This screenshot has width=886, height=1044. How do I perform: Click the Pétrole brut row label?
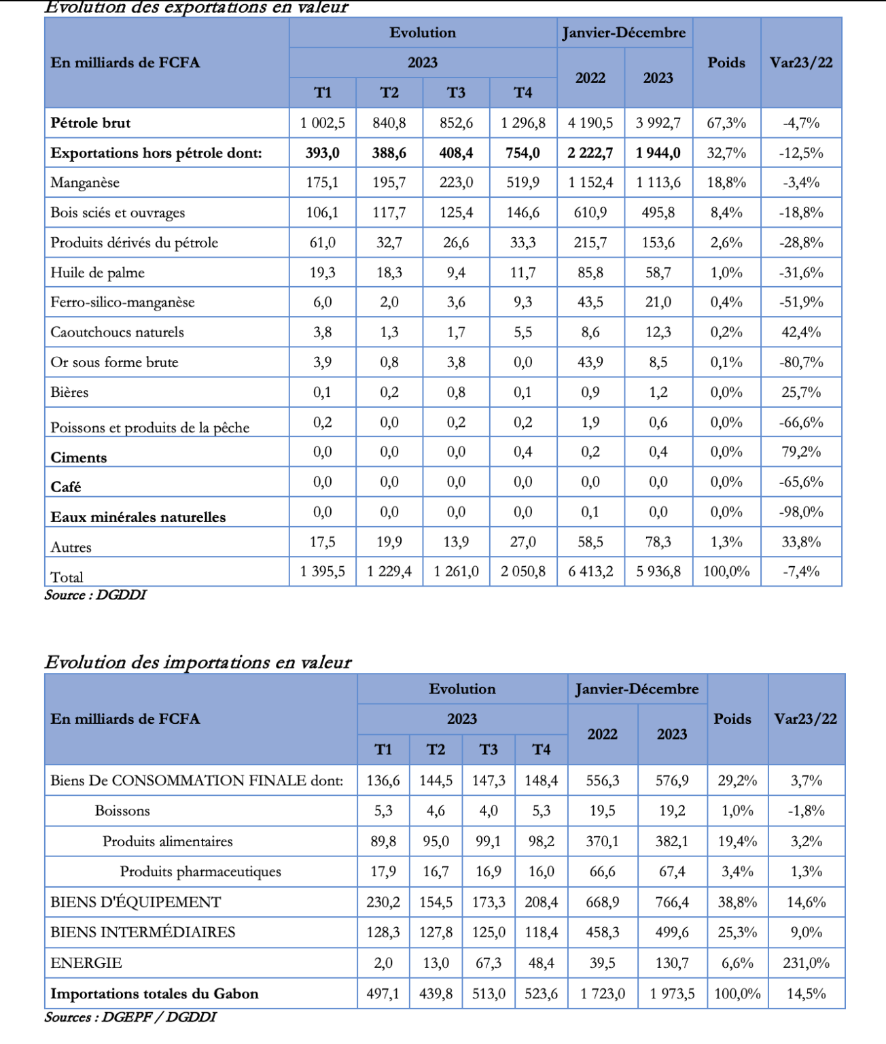click(90, 123)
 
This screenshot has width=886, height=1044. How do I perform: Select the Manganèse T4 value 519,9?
click(522, 183)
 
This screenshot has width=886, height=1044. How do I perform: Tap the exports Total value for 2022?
click(590, 572)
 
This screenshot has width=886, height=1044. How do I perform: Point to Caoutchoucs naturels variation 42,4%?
click(801, 332)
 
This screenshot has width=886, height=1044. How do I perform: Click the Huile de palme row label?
click(97, 273)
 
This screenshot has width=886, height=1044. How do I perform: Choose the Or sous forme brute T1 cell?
click(322, 362)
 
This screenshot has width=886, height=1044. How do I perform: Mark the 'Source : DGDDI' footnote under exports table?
click(95, 595)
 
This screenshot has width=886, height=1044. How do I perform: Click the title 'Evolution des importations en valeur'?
click(198, 662)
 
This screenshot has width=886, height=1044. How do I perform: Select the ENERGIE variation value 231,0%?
click(806, 963)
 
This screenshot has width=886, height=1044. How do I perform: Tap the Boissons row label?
click(122, 811)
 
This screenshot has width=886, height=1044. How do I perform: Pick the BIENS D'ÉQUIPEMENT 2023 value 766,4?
click(671, 902)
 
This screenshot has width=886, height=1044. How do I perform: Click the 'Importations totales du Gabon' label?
click(154, 994)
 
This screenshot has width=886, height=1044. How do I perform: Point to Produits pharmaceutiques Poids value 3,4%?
click(737, 871)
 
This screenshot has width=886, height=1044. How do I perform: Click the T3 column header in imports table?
click(488, 750)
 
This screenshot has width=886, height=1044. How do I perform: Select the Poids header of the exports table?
click(726, 63)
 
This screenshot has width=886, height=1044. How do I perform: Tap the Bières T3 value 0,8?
click(456, 392)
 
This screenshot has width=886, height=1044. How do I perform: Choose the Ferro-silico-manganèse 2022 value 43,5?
click(590, 302)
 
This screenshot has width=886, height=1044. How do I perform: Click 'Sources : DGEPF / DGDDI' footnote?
click(130, 1017)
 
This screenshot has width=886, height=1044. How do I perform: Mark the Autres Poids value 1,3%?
click(726, 542)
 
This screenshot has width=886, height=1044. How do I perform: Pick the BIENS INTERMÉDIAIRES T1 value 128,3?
click(383, 933)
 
